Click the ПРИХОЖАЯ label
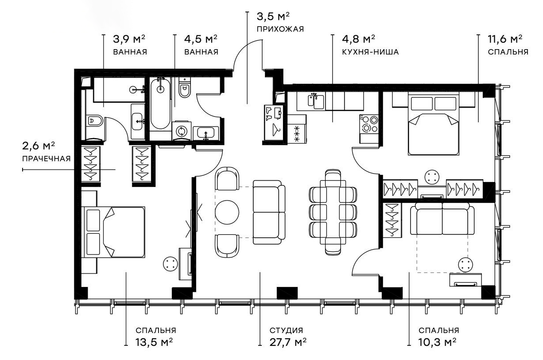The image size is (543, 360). click(x=280, y=29)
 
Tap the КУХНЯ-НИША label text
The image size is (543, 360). click(x=370, y=52)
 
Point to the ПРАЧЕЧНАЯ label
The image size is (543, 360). click(x=46, y=158)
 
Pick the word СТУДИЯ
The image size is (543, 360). click(x=286, y=330)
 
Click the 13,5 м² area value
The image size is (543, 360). click(x=154, y=343)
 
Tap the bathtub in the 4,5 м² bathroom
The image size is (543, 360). click(x=160, y=104)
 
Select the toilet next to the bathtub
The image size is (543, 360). click(x=184, y=89)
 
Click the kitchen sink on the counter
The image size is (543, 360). click(x=315, y=101)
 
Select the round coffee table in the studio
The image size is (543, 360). click(x=227, y=212)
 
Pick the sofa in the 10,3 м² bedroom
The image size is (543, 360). click(x=442, y=220)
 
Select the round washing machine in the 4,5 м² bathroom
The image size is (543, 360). click(x=181, y=131)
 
